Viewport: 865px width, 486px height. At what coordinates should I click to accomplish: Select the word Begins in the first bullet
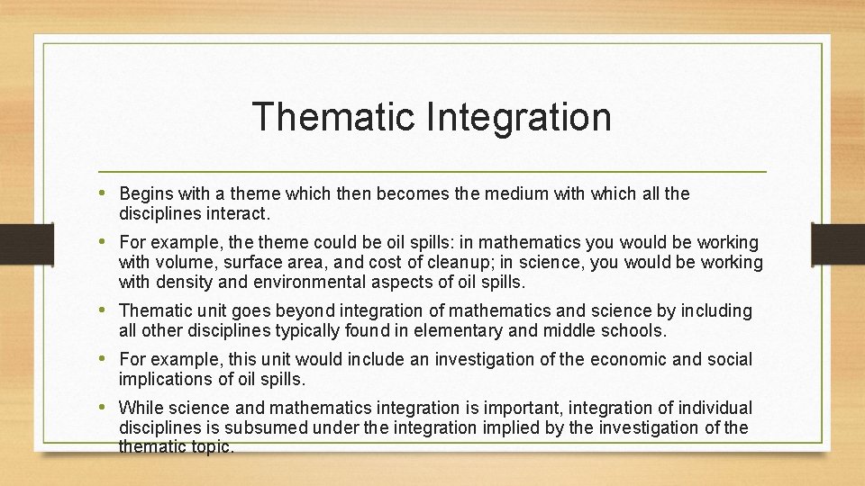[144, 193]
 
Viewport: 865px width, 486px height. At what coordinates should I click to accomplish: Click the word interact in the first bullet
[235, 215]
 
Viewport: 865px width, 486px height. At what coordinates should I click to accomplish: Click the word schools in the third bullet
[633, 331]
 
